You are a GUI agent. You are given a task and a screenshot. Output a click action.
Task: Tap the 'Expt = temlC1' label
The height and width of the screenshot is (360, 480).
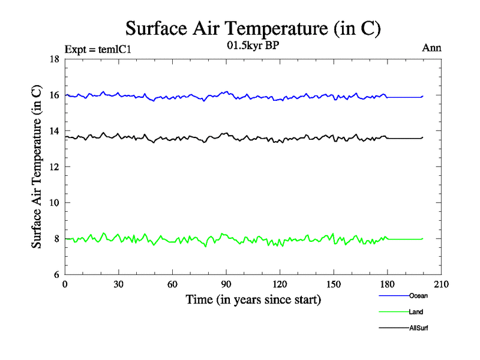click(x=97, y=49)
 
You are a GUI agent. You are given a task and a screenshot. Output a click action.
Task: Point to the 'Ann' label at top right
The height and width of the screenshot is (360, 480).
click(x=434, y=48)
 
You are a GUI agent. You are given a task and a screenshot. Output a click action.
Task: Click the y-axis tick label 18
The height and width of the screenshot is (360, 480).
click(x=53, y=59)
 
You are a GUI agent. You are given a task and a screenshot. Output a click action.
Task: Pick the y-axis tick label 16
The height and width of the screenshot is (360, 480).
click(x=53, y=95)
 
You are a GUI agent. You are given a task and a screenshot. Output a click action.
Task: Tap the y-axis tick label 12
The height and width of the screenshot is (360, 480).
click(x=53, y=167)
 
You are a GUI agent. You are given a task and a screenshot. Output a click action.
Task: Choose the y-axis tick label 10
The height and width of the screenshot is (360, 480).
click(x=53, y=203)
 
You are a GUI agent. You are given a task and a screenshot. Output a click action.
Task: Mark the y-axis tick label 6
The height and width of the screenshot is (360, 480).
click(x=55, y=275)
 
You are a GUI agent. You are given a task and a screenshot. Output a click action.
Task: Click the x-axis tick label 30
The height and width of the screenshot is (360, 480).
click(x=119, y=285)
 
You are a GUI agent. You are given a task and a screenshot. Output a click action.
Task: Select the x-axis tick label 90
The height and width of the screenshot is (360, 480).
click(x=226, y=285)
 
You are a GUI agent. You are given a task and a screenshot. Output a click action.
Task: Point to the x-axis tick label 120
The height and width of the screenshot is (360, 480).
click(x=280, y=285)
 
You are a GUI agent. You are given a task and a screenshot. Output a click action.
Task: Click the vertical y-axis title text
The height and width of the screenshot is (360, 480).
click(x=37, y=167)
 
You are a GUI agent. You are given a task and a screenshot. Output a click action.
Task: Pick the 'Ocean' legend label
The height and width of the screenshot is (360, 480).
click(x=418, y=296)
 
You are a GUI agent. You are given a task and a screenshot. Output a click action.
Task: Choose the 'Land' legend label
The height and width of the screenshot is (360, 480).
click(x=416, y=311)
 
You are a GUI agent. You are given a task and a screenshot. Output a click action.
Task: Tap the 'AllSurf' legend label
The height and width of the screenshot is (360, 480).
click(x=419, y=328)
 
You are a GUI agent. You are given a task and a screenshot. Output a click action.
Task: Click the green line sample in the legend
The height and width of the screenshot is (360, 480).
click(x=393, y=311)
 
